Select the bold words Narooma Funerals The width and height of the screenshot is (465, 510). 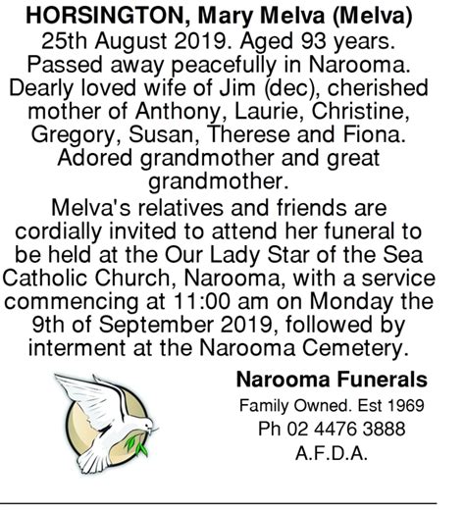pos(332,379)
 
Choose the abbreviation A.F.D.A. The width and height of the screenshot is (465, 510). pos(332,453)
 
